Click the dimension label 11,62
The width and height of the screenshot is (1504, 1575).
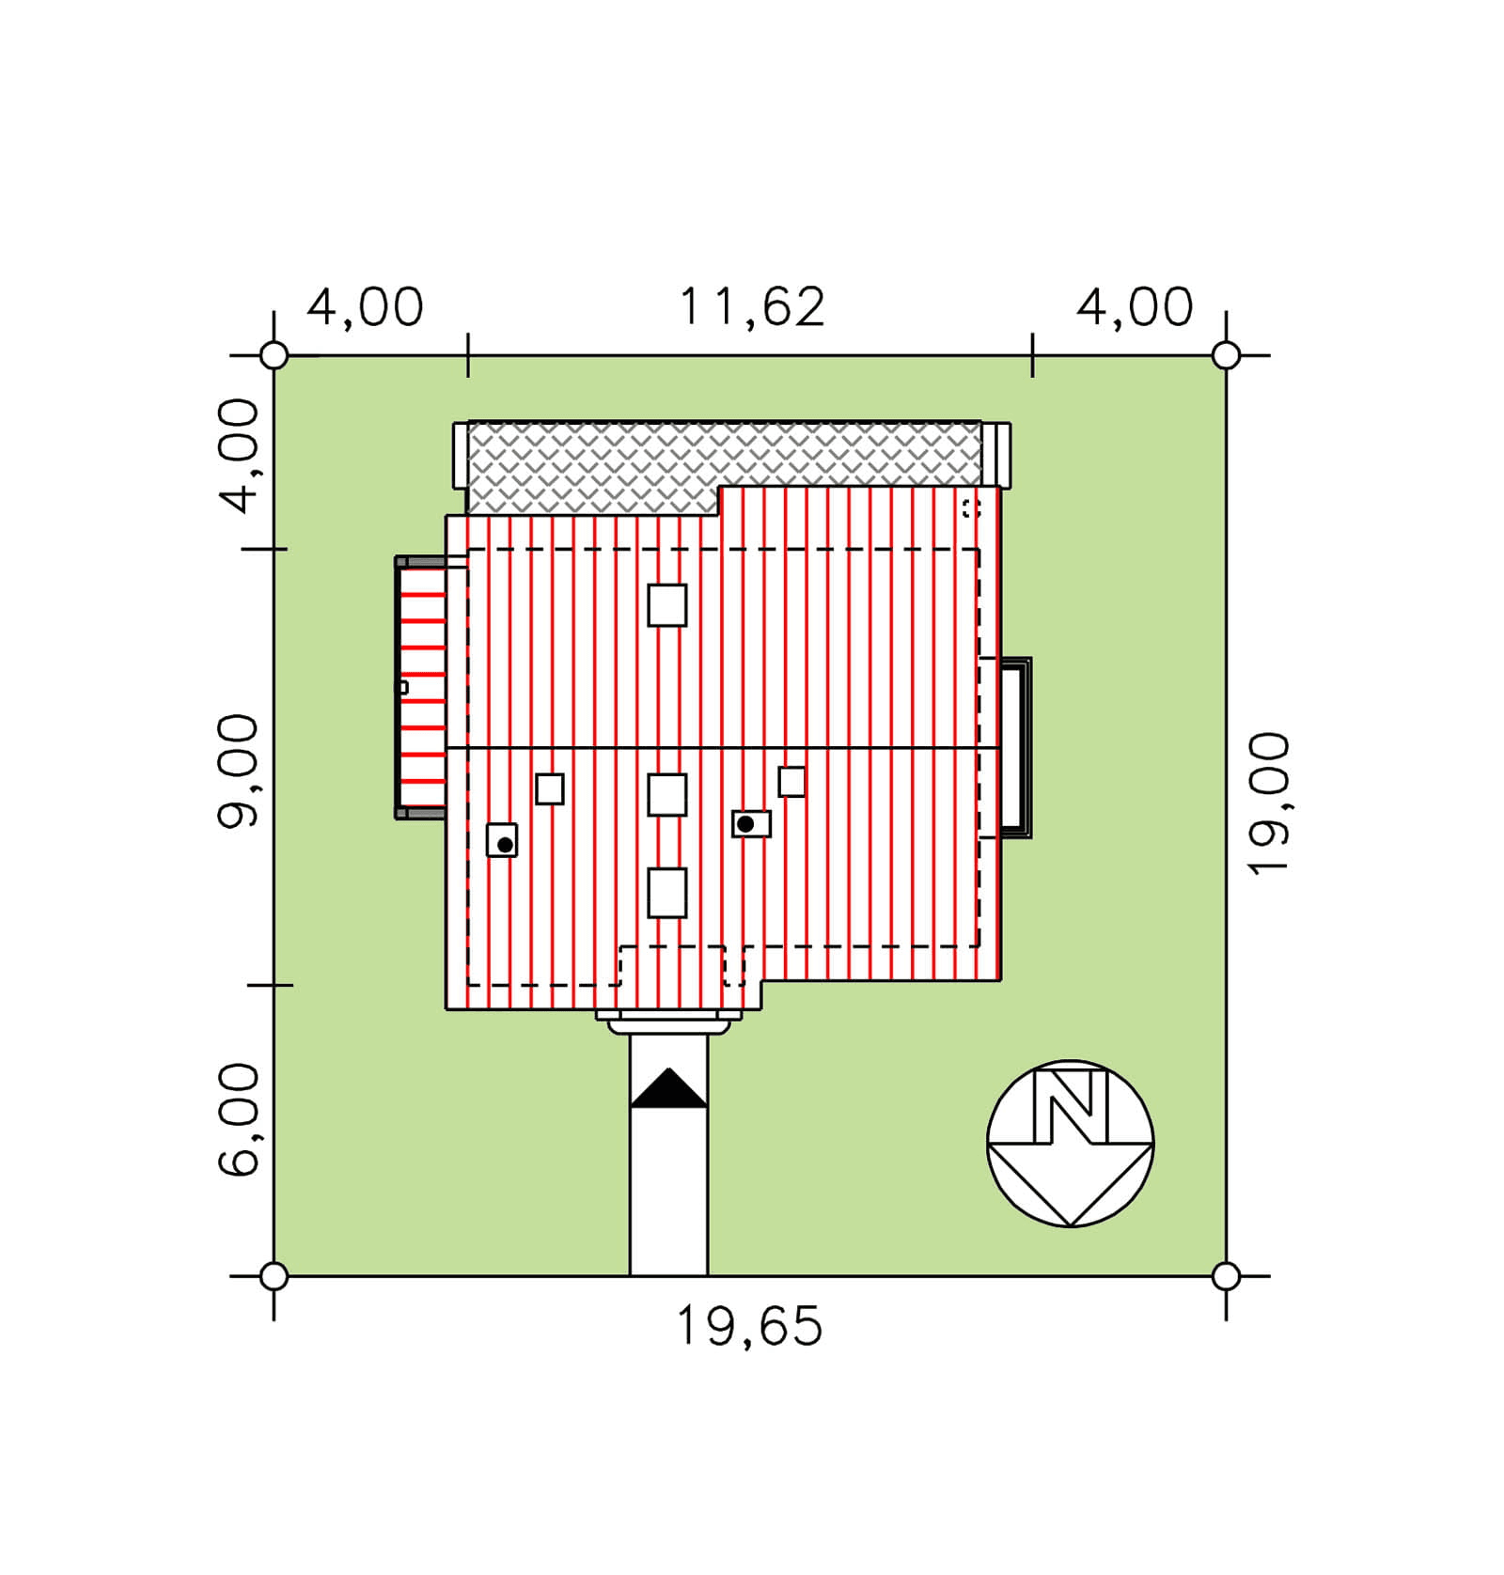pyautogui.click(x=751, y=307)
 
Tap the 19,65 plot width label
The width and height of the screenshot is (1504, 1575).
pyautogui.click(x=749, y=1326)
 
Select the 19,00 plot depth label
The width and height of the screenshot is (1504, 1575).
pyautogui.click(x=1268, y=803)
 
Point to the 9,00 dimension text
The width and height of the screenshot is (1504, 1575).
pyautogui.click(x=238, y=772)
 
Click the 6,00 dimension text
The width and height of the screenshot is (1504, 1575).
pyautogui.click(x=238, y=1120)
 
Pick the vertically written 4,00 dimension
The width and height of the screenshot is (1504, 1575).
pyautogui.click(x=238, y=456)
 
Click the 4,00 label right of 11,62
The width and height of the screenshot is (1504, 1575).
pyautogui.click(x=1135, y=307)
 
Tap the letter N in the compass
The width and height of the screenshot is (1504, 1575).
pyautogui.click(x=1071, y=1108)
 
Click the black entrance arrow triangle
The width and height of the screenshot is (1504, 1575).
pyautogui.click(x=668, y=1088)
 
